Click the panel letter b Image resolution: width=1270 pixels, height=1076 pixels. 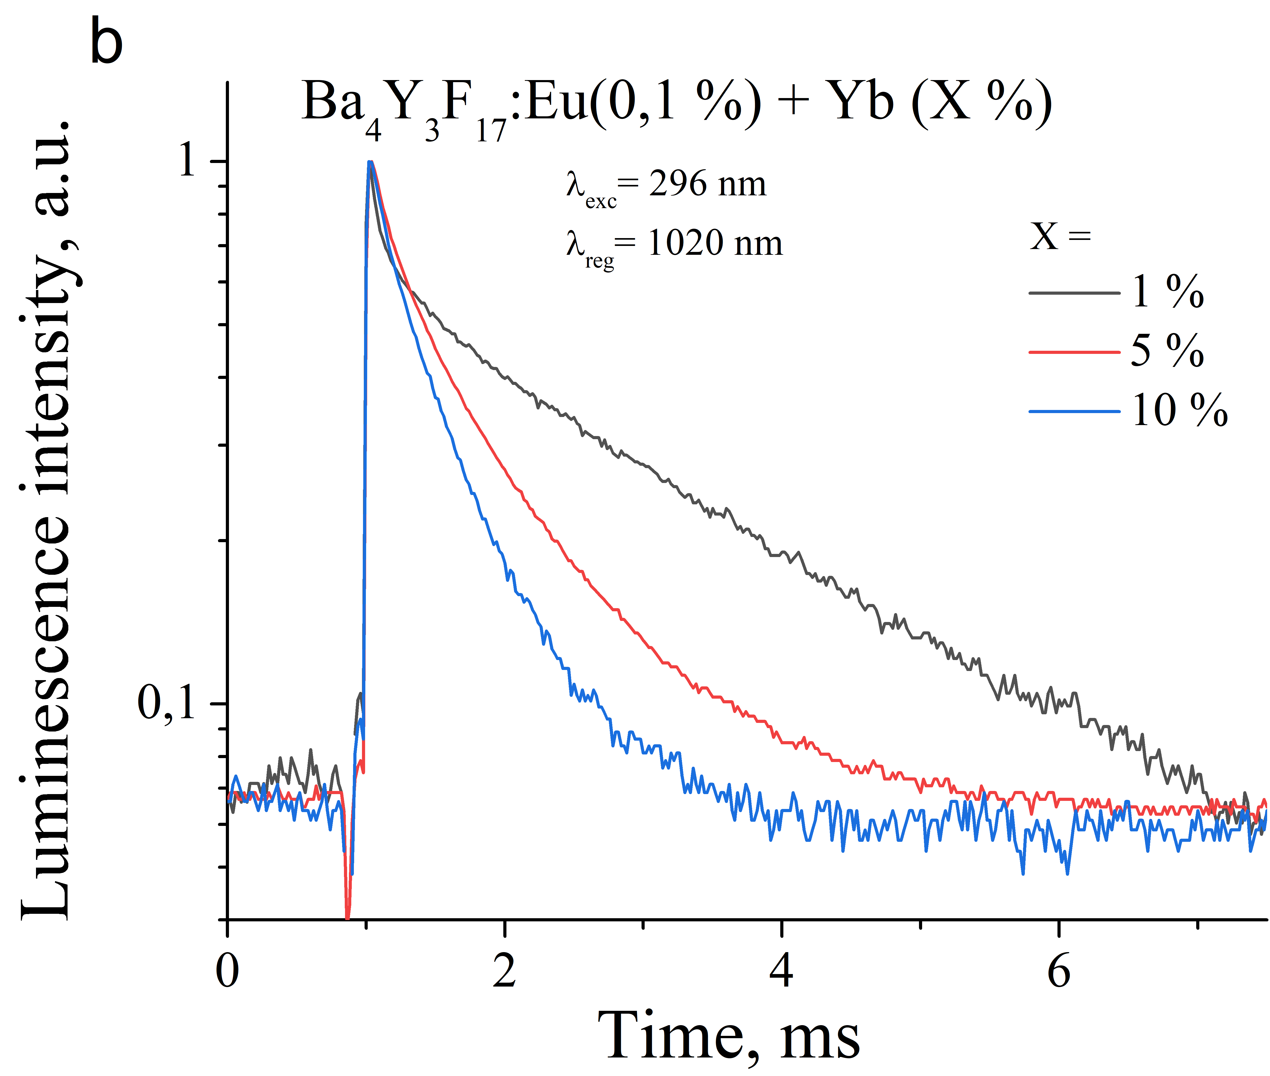pos(107,41)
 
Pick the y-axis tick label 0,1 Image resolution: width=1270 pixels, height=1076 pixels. pos(166,703)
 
